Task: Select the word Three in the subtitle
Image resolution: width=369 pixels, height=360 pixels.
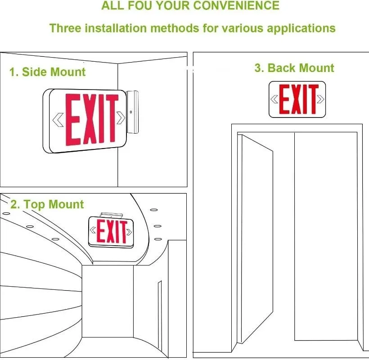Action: pyautogui.click(x=64, y=28)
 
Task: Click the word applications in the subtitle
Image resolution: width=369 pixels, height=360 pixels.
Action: pyautogui.click(x=301, y=28)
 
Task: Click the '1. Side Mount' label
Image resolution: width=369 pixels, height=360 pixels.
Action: pyautogui.click(x=47, y=72)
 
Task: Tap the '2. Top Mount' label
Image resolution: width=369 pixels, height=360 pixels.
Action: pyautogui.click(x=47, y=204)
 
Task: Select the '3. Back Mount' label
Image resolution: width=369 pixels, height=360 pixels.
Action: pyautogui.click(x=294, y=68)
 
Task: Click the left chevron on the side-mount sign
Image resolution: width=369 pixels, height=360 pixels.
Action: pyautogui.click(x=58, y=119)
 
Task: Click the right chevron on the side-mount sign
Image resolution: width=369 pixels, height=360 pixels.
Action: pyautogui.click(x=121, y=118)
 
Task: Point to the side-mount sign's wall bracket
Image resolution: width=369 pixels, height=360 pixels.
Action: pyautogui.click(x=133, y=112)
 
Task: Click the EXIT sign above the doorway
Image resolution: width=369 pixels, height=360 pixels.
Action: pyautogui.click(x=297, y=99)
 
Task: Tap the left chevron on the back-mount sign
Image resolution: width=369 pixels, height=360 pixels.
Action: pyautogui.click(x=274, y=99)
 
